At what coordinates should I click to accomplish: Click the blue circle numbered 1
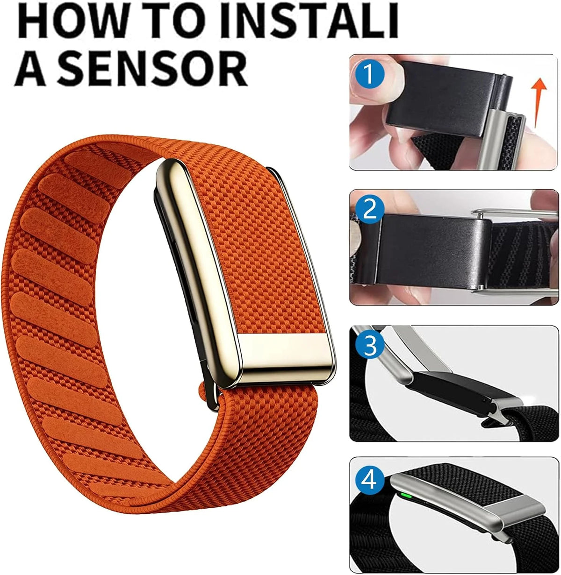[x=370, y=74]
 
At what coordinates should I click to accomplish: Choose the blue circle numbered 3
[x=370, y=345]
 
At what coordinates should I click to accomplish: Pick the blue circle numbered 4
[x=370, y=481]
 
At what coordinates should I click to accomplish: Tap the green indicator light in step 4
[x=406, y=494]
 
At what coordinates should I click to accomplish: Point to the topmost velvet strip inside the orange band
[x=98, y=169]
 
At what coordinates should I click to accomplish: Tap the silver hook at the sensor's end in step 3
[x=506, y=409]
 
